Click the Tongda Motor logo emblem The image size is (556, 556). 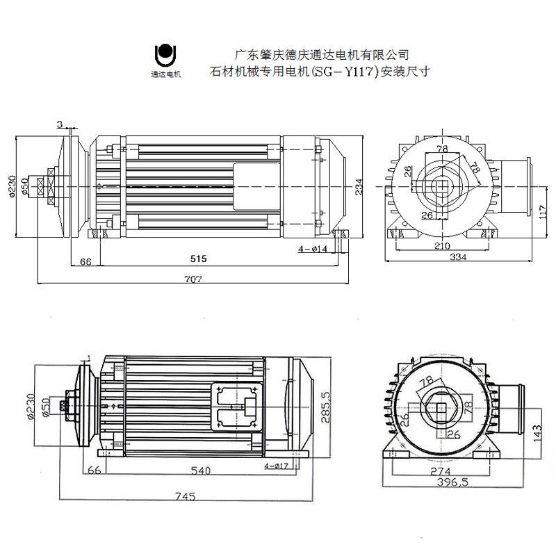tap(165, 54)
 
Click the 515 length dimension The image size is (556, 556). tap(199, 259)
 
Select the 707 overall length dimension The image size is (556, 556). tap(193, 279)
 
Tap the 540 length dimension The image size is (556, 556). tap(200, 471)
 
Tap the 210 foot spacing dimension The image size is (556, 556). tap(441, 245)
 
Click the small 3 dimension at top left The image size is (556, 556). tap(60, 124)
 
